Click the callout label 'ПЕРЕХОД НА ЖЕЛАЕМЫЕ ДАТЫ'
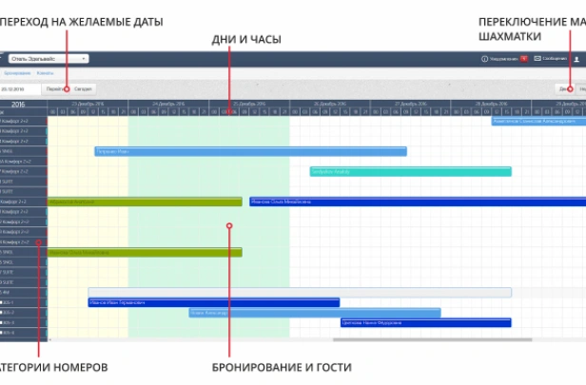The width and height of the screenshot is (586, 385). (84, 21)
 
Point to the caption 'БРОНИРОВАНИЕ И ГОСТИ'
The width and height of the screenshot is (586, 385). (281, 367)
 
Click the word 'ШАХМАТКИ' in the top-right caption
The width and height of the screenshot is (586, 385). (510, 36)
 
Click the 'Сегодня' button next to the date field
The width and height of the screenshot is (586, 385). (83, 88)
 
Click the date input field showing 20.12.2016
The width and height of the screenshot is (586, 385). (21, 88)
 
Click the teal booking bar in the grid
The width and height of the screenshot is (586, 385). (410, 172)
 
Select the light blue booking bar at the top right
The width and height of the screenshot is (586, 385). (537, 122)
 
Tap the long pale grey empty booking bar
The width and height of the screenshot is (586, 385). (300, 293)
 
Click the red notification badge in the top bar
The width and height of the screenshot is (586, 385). (523, 59)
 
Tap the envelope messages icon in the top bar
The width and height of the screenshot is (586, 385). (537, 59)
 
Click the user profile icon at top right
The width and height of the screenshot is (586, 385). (576, 59)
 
